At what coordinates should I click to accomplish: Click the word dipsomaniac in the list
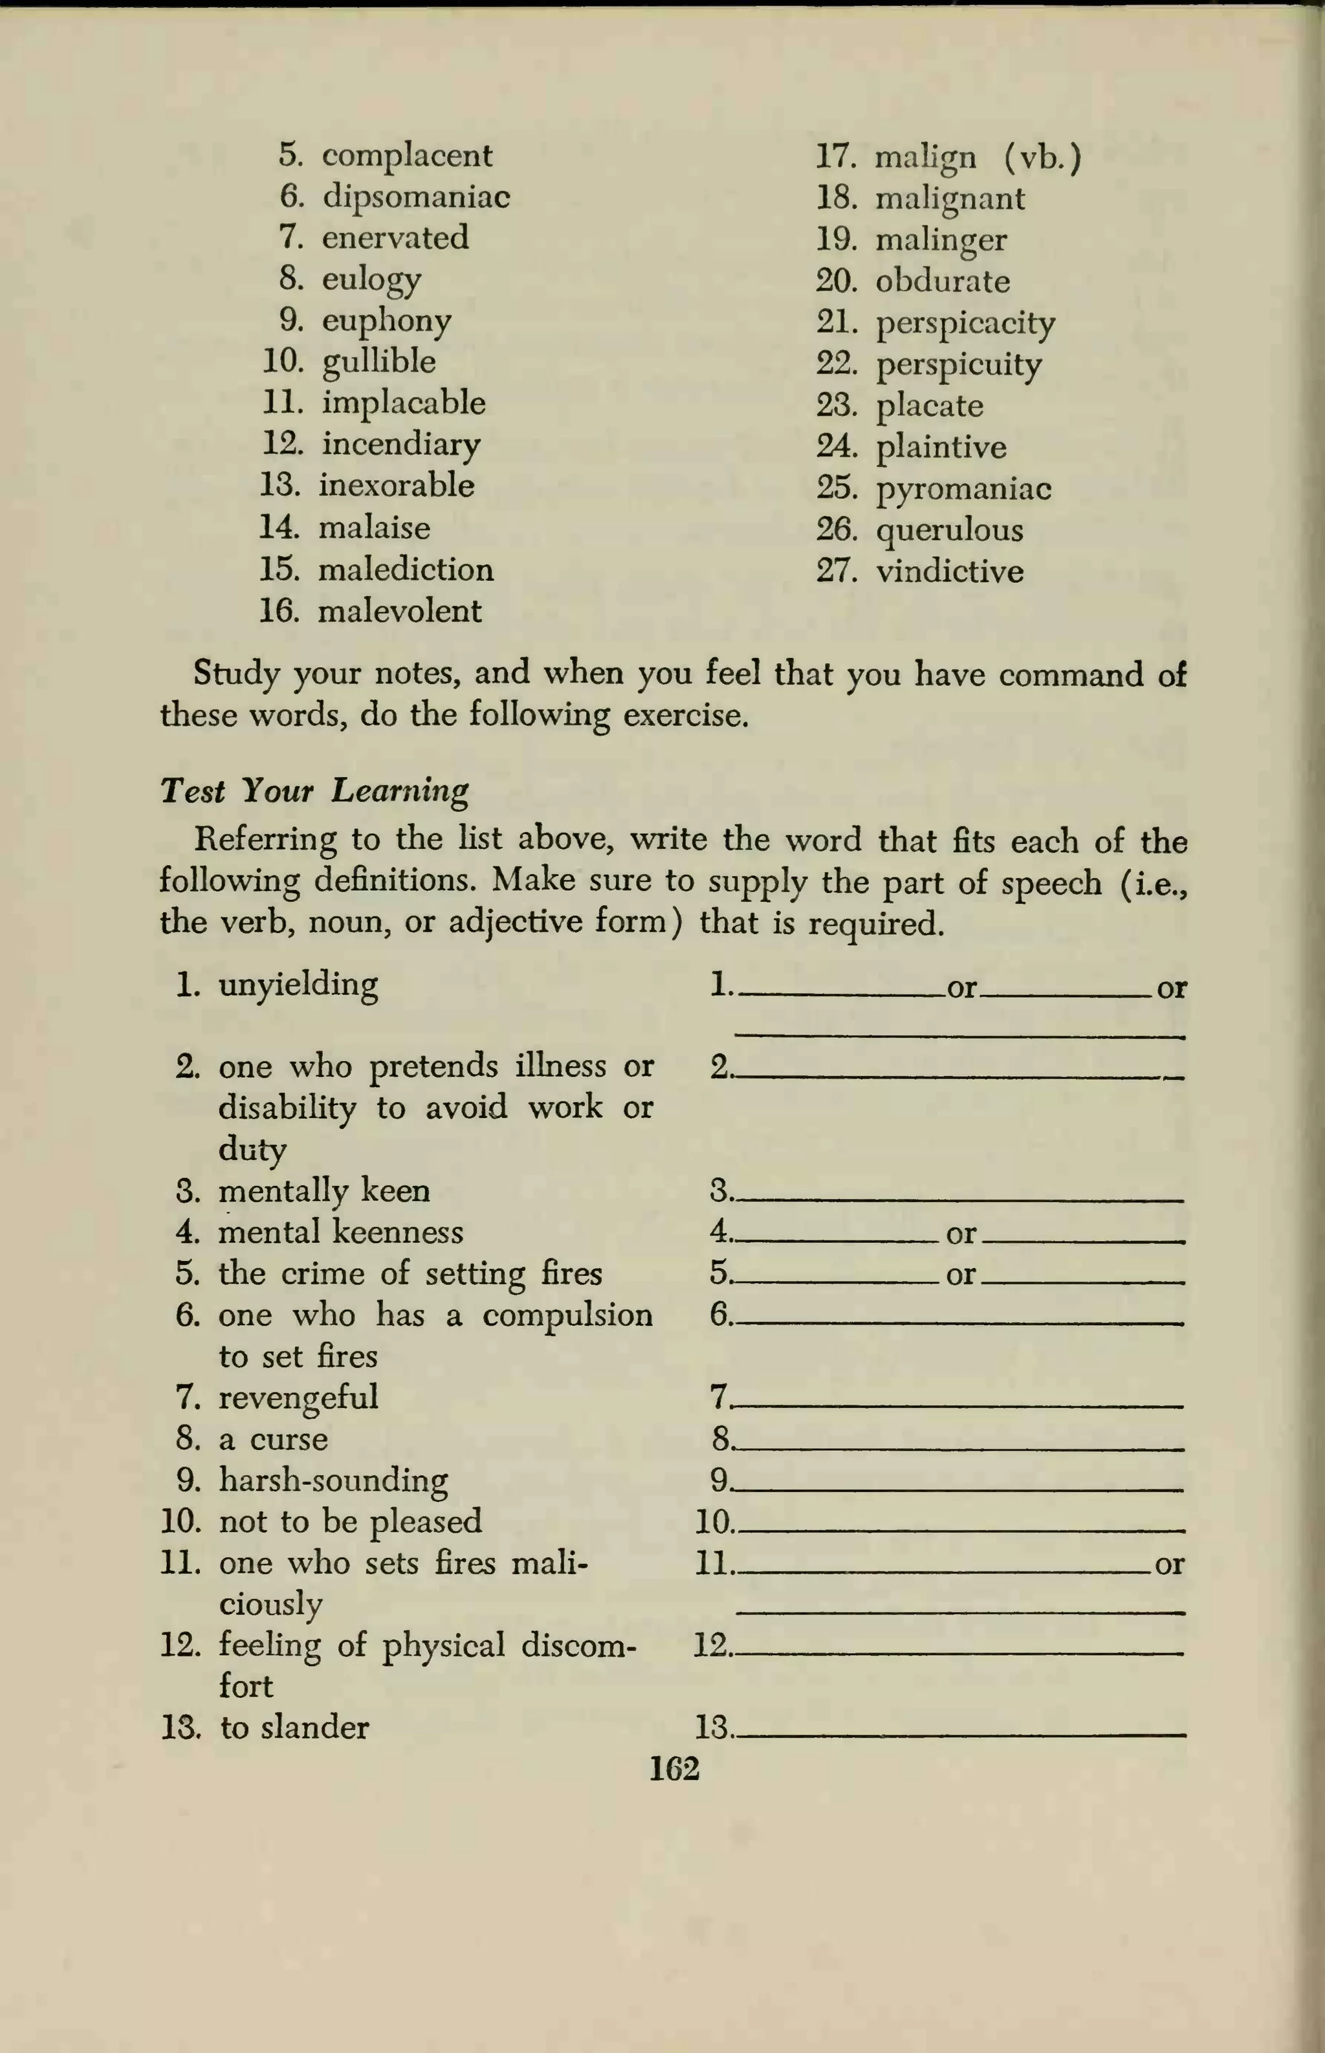(x=417, y=198)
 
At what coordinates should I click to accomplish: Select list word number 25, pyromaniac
(x=963, y=489)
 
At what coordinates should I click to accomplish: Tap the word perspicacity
(x=965, y=324)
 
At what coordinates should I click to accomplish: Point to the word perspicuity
(x=958, y=365)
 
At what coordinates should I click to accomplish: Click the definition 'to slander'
(x=294, y=1728)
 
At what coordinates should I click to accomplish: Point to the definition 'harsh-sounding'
(x=333, y=1480)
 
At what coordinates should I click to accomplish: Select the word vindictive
(x=950, y=571)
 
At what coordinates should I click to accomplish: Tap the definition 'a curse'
(x=273, y=1438)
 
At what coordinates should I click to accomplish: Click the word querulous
(x=950, y=530)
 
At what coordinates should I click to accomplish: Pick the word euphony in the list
(x=386, y=321)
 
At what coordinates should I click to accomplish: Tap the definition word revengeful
(x=298, y=1398)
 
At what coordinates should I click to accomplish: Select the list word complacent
(x=407, y=156)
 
